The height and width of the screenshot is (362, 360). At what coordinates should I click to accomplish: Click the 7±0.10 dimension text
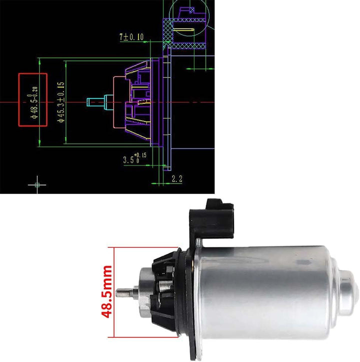coord(131,37)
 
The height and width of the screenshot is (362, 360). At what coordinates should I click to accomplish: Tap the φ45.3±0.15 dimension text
coord(61,102)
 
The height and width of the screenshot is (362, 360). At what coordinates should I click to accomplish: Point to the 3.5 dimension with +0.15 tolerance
coord(135,158)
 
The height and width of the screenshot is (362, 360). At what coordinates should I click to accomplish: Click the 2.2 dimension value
coord(177,178)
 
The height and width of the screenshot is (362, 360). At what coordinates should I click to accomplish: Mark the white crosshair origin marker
coord(37,184)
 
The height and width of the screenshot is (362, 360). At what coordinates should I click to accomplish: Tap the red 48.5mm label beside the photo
coord(107,292)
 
